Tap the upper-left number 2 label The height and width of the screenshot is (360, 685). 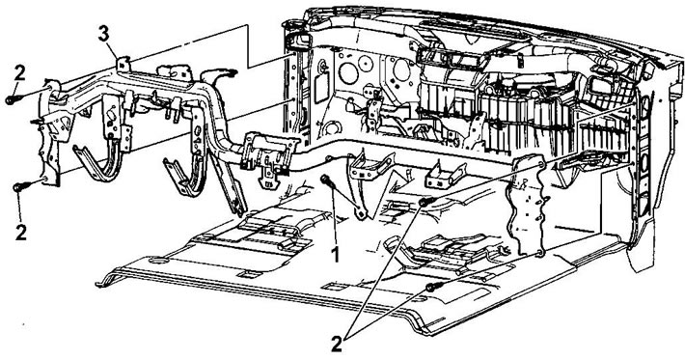17,71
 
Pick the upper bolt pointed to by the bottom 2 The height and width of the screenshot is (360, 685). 425,202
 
